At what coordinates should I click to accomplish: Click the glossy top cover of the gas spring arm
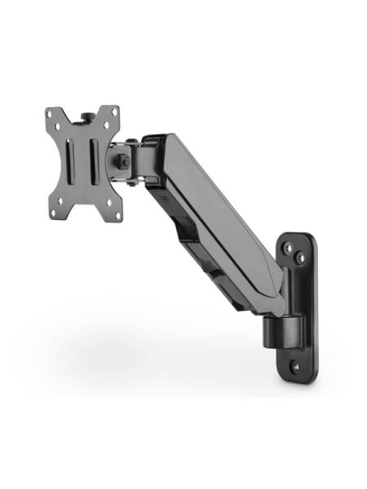(212, 187)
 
